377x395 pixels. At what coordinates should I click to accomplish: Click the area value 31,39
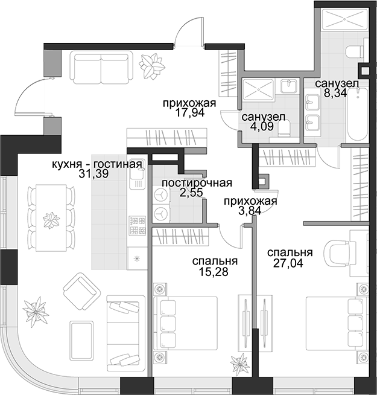click(x=93, y=173)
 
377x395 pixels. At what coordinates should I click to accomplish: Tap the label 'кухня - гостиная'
click(x=97, y=164)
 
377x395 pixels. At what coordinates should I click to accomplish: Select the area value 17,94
click(x=190, y=113)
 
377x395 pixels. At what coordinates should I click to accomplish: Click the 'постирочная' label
click(x=197, y=183)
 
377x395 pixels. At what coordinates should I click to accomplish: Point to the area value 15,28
click(x=214, y=272)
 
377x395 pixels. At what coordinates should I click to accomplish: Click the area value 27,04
click(x=288, y=263)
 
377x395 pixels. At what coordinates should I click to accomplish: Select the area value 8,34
click(x=335, y=93)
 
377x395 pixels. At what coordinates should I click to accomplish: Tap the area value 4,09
click(x=262, y=126)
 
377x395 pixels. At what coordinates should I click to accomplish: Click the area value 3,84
click(x=250, y=211)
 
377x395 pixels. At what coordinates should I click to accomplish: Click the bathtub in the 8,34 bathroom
click(x=357, y=114)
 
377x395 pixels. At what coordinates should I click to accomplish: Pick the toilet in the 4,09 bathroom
click(x=284, y=129)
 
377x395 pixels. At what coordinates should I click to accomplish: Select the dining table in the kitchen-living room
click(x=51, y=217)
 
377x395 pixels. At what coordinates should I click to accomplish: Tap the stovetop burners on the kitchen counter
click(x=138, y=225)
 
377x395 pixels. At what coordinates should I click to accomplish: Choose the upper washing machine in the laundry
click(x=161, y=195)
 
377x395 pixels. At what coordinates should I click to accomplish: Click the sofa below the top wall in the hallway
click(x=101, y=67)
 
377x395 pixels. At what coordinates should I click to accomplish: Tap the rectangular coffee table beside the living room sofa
click(x=81, y=341)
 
